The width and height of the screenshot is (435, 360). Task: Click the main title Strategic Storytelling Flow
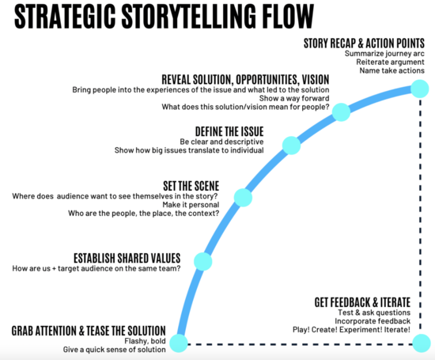(158, 16)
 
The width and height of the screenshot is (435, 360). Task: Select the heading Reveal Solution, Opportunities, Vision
(245, 79)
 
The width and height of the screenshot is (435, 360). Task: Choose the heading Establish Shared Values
(127, 258)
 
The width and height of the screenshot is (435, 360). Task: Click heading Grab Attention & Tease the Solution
(89, 329)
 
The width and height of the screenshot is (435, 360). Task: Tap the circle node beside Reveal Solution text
(341, 112)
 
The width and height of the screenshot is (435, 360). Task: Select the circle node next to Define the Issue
(292, 145)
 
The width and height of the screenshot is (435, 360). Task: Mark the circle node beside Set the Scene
(244, 197)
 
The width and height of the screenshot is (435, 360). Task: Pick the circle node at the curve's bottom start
(179, 343)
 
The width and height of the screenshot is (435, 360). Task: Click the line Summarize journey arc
(384, 53)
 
